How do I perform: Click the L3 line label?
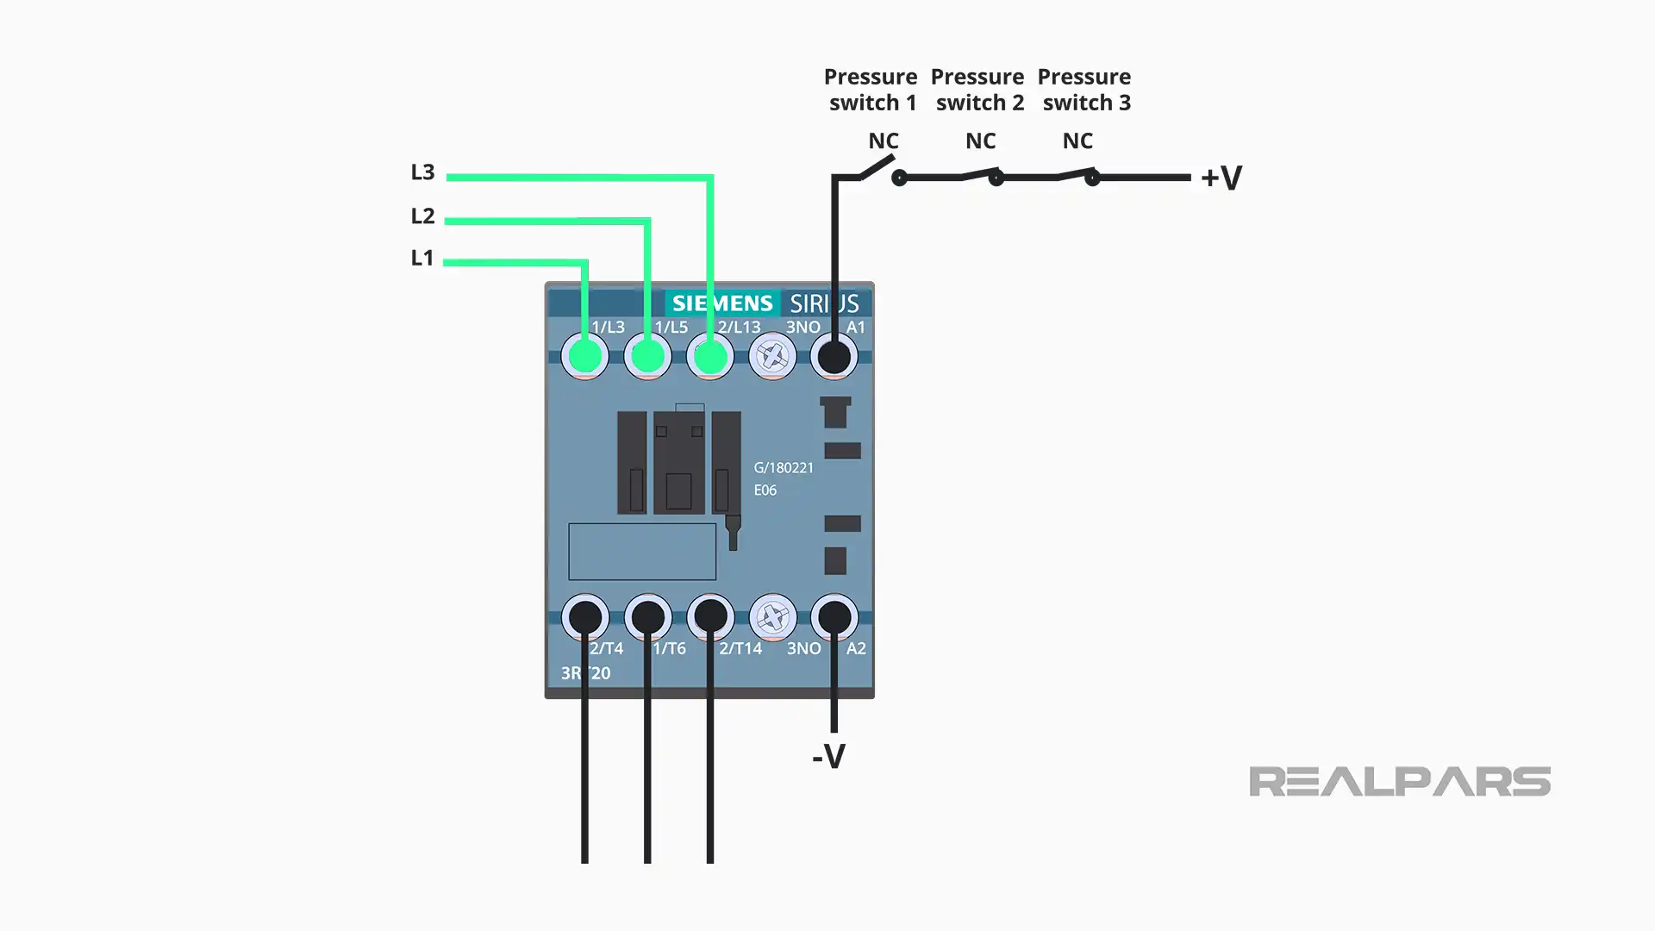[x=422, y=172]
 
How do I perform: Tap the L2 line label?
[x=422, y=216]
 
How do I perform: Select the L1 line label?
[x=422, y=258]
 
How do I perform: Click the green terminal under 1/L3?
[x=585, y=356]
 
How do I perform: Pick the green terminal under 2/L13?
[x=710, y=356]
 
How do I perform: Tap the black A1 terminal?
[x=834, y=356]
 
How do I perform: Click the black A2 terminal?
[x=834, y=617]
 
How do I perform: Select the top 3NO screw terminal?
[x=772, y=356]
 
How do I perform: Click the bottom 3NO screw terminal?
[x=772, y=617]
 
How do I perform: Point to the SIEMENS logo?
[x=722, y=303]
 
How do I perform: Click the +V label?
[x=1221, y=178]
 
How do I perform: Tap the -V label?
[x=828, y=757]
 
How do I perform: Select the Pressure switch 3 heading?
[x=1084, y=90]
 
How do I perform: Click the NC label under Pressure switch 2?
[x=980, y=141]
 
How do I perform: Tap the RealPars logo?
[x=1399, y=782]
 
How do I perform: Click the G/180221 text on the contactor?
[x=784, y=468]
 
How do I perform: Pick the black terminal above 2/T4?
[x=585, y=617]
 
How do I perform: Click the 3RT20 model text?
[x=585, y=673]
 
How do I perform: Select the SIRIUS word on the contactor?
[x=824, y=303]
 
